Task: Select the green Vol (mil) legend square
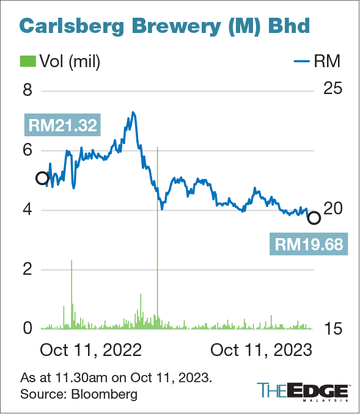[28, 61]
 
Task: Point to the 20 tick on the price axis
[334, 209]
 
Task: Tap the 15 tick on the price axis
[333, 329]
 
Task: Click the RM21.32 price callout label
[61, 126]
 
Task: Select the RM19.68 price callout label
[307, 244]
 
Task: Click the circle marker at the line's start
[42, 178]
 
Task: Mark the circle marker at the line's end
[314, 218]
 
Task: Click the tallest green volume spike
[158, 183]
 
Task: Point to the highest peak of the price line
[133, 112]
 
